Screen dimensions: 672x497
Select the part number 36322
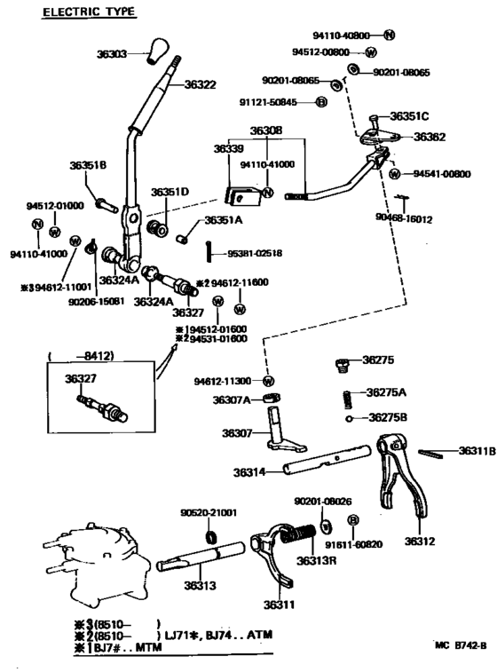[201, 84]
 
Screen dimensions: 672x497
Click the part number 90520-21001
[209, 512]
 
